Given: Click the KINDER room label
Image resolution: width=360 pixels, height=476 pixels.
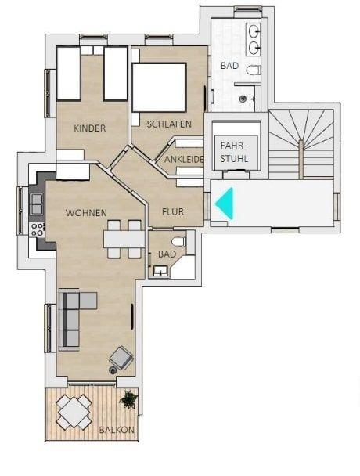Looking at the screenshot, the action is pyautogui.click(x=90, y=128).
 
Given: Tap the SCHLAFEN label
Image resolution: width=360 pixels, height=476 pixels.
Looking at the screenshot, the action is pyautogui.click(x=169, y=124).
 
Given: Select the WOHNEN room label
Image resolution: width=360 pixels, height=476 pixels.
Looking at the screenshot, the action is pyautogui.click(x=86, y=213).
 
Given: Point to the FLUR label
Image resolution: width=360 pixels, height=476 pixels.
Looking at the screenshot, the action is pyautogui.click(x=173, y=211).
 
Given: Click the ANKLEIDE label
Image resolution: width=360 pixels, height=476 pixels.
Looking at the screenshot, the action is pyautogui.click(x=184, y=159).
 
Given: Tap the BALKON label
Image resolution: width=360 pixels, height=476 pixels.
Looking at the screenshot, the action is pyautogui.click(x=117, y=430).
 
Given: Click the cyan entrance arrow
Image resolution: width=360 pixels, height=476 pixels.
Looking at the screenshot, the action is pyautogui.click(x=225, y=203).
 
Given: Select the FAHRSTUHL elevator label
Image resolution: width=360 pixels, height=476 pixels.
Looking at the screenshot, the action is pyautogui.click(x=234, y=152).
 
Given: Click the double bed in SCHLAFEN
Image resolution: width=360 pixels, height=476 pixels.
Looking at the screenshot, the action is pyautogui.click(x=160, y=88).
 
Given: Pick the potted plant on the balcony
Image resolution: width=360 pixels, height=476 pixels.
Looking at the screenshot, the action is pyautogui.click(x=129, y=399).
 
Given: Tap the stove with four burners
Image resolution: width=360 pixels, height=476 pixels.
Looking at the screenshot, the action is pyautogui.click(x=38, y=229).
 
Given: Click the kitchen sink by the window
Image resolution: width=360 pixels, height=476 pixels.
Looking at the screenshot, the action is pyautogui.click(x=37, y=204).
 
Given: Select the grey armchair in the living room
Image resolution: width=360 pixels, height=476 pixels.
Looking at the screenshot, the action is pyautogui.click(x=121, y=357).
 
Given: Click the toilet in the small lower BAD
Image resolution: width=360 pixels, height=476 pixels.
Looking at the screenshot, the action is pyautogui.click(x=178, y=242).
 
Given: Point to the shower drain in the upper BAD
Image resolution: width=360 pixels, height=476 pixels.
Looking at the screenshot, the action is pyautogui.click(x=243, y=99).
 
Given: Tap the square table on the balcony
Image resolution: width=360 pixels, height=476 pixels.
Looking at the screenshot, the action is pyautogui.click(x=74, y=412).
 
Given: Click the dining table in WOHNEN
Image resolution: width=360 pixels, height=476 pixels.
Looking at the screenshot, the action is pyautogui.click(x=124, y=240).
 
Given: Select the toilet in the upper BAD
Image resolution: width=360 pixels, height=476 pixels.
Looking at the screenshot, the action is pyautogui.click(x=253, y=70).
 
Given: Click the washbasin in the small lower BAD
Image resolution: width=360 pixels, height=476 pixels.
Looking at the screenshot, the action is pyautogui.click(x=161, y=270).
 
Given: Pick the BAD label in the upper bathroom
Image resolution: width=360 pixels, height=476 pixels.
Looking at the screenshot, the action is pyautogui.click(x=229, y=66).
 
